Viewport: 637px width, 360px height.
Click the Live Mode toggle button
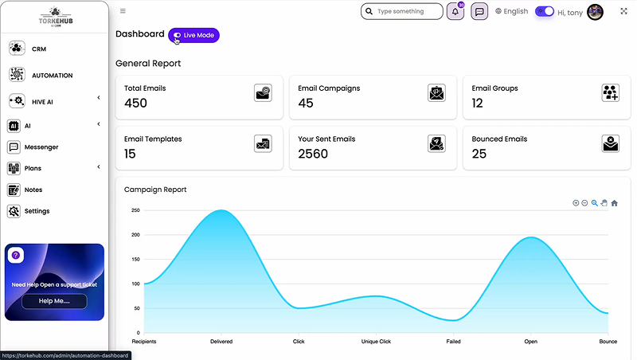click(193, 35)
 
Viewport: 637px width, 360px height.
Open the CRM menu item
click(39, 49)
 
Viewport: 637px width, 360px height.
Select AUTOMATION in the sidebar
click(52, 75)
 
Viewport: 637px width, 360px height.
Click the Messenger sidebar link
click(41, 147)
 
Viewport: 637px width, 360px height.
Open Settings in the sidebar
click(37, 211)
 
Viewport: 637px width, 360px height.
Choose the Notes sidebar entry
click(33, 190)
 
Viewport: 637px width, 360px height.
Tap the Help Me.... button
click(54, 301)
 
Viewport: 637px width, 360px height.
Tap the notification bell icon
click(455, 12)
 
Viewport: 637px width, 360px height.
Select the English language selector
click(511, 11)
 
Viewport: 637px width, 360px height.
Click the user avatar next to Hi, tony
click(595, 12)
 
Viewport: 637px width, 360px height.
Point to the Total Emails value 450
click(136, 103)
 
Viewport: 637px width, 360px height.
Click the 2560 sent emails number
click(313, 154)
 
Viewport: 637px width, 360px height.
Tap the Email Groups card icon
click(610, 93)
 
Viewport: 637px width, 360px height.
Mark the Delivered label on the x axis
click(221, 342)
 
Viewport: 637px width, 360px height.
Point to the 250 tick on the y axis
click(135, 210)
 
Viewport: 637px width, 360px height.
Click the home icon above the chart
click(614, 203)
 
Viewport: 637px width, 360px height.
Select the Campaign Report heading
click(155, 190)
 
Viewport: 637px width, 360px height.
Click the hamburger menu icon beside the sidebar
click(123, 11)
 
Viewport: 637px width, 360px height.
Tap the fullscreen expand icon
click(623, 11)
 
